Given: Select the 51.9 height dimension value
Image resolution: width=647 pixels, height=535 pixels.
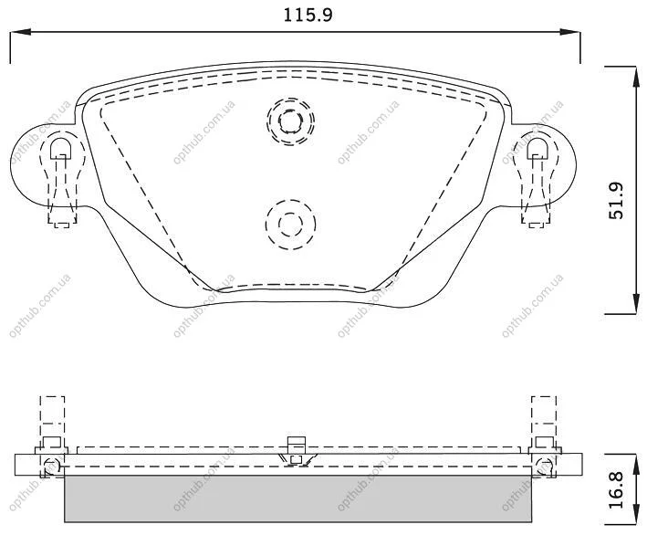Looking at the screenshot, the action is tap(617, 201).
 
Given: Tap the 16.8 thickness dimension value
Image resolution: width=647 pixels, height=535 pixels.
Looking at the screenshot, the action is tap(617, 491).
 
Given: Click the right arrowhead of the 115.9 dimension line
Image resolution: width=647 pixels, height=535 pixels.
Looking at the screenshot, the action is tap(570, 32).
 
